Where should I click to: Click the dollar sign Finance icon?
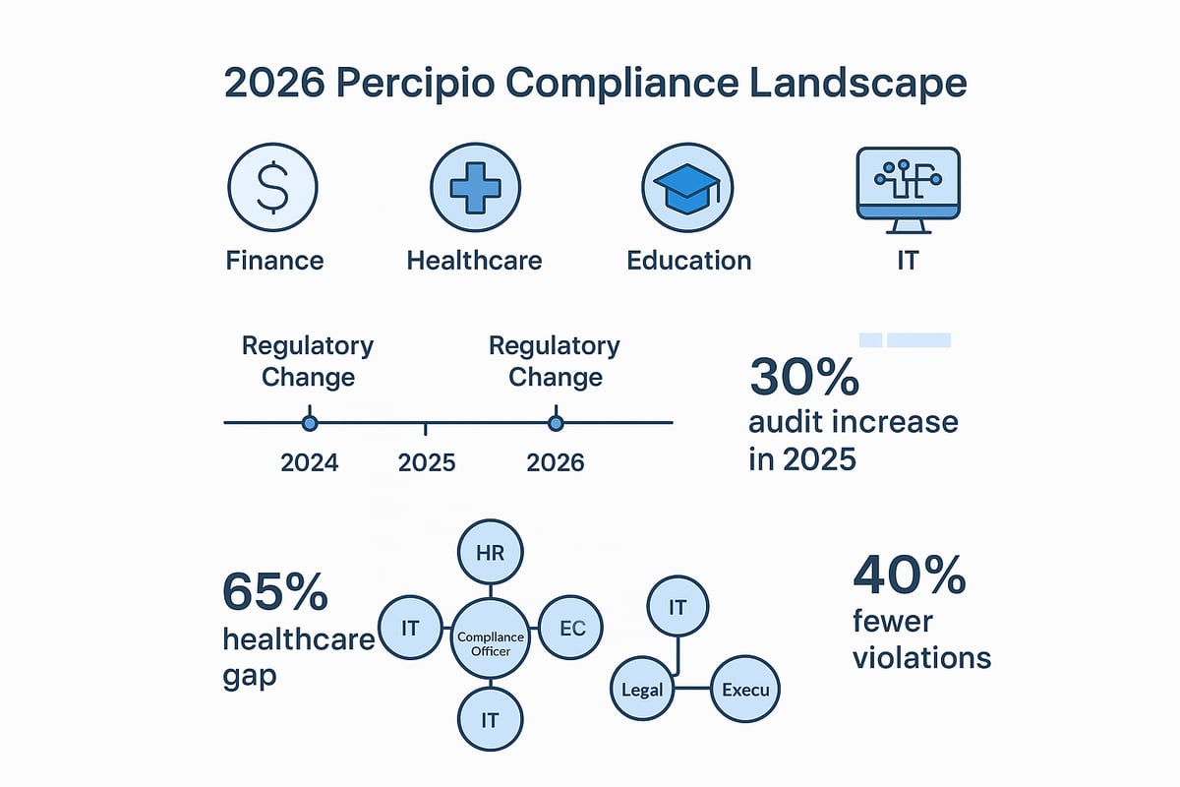pos(272,186)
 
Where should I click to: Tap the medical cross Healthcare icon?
pos(475,186)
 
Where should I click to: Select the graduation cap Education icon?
pos(687,186)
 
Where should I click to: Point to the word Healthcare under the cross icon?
pos(474,261)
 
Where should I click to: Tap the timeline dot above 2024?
pos(310,423)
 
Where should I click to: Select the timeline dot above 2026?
pos(556,423)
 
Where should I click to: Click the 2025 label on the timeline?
pos(427,462)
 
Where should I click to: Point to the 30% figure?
pos(804,378)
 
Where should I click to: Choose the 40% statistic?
pos(909,576)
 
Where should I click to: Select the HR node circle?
pos(490,553)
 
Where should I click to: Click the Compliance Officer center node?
pos(491,637)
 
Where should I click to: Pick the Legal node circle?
pos(643,689)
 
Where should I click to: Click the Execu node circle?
pos(744,689)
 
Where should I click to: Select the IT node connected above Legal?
pos(677,608)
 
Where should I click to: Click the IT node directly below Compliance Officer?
pos(491,719)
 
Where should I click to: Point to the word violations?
pos(921,657)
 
